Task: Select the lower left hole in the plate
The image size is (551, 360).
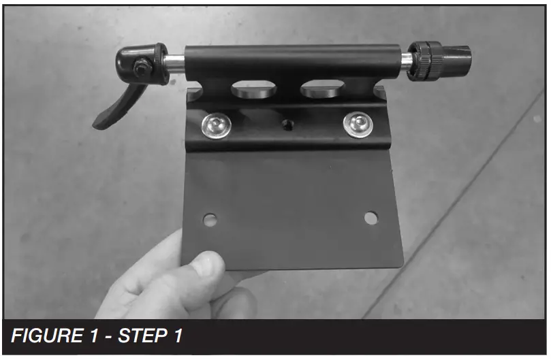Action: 210,220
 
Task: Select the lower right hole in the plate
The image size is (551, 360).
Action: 371,218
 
